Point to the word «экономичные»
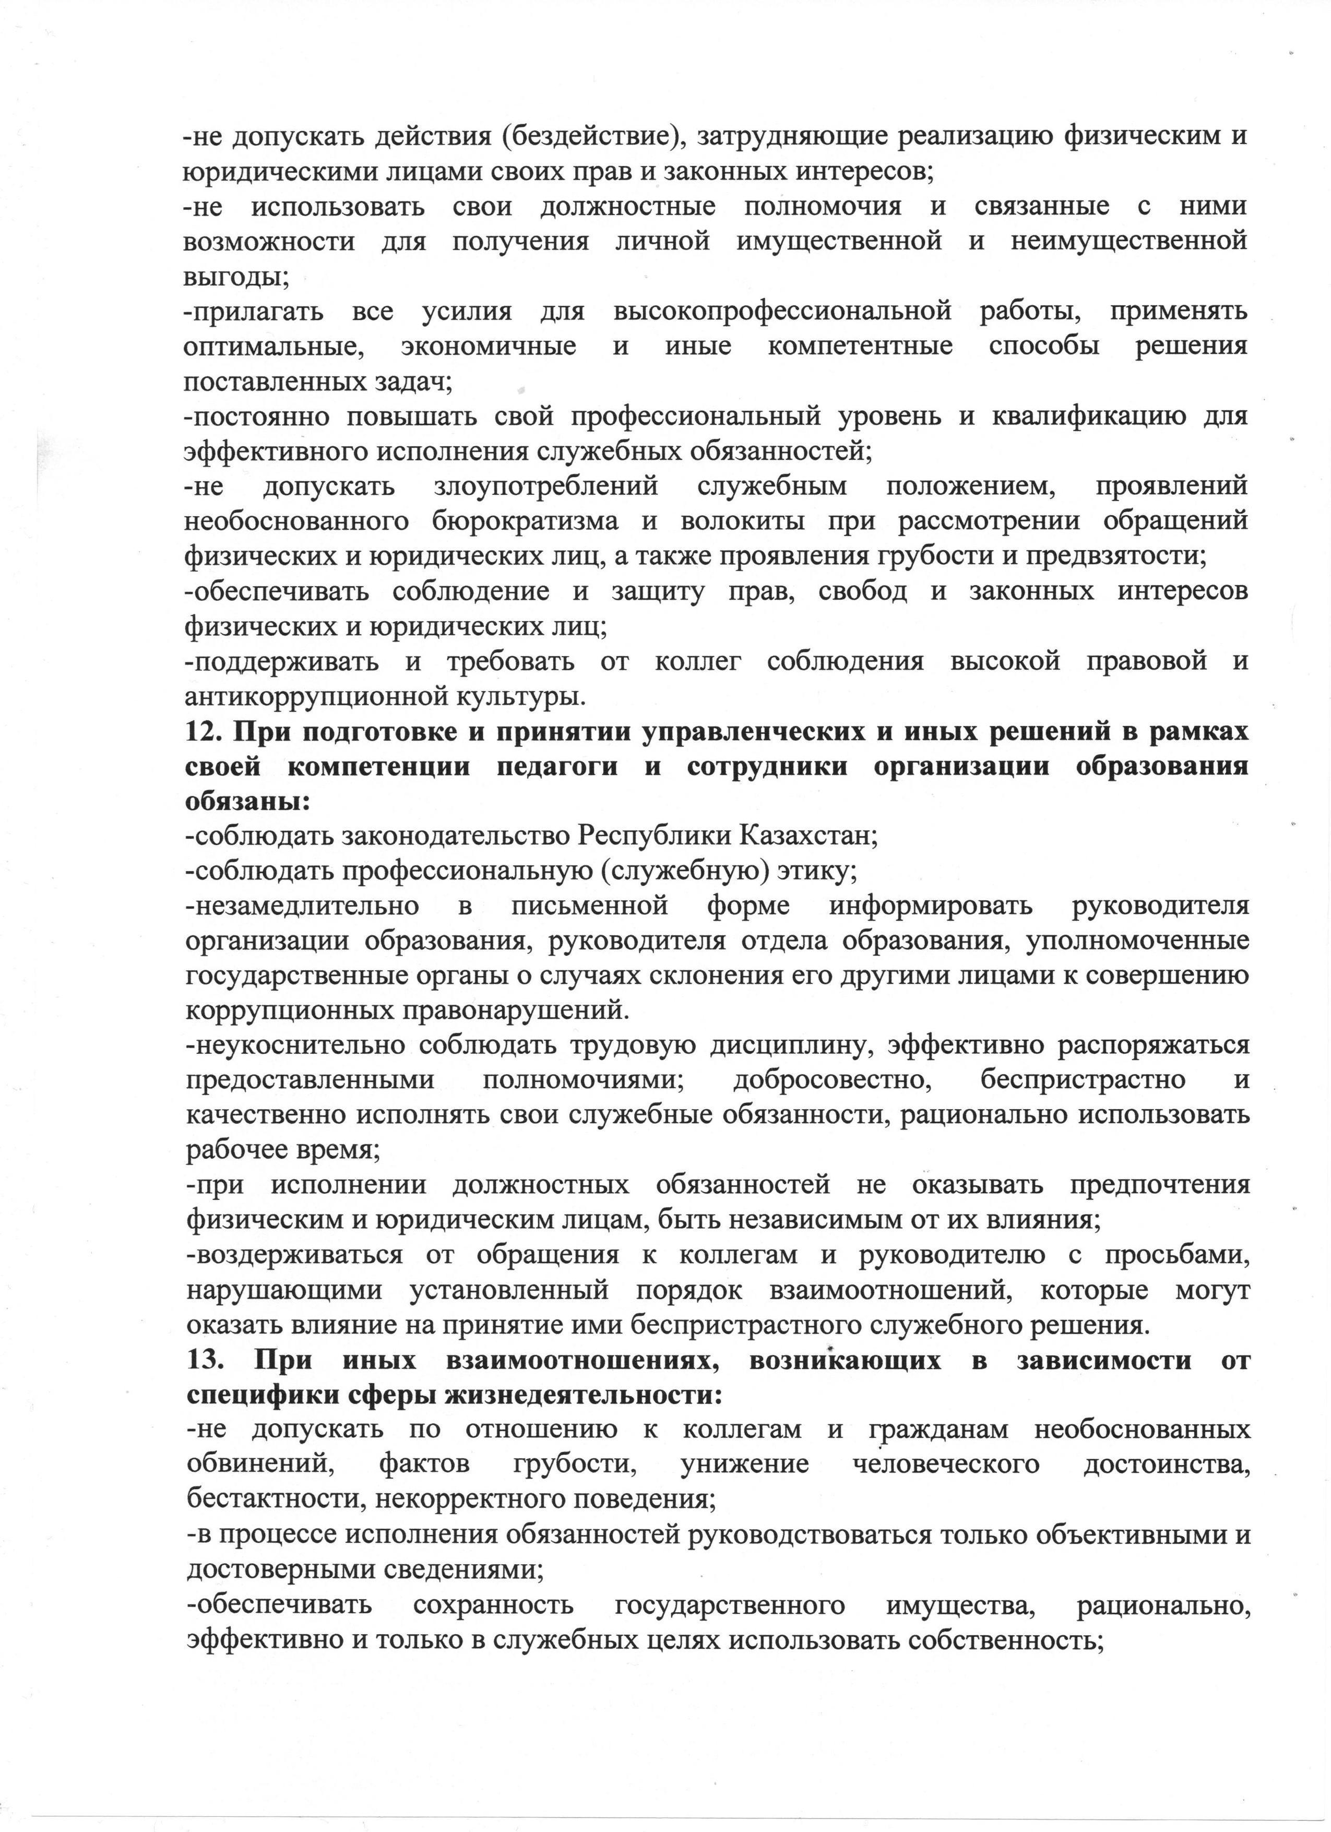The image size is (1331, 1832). [x=488, y=347]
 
